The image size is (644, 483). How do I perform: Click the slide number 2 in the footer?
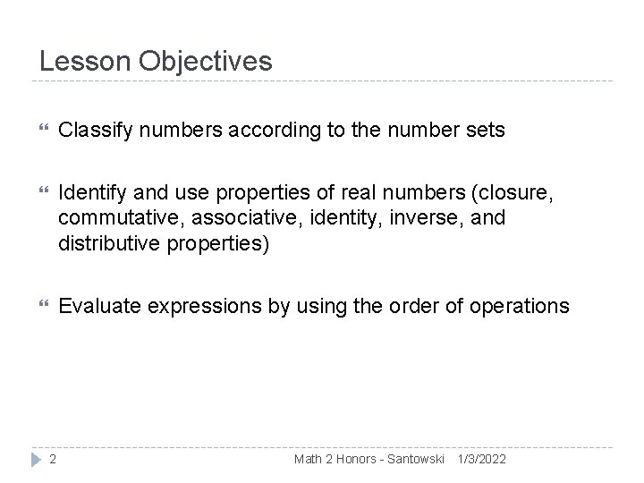click(x=53, y=460)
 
